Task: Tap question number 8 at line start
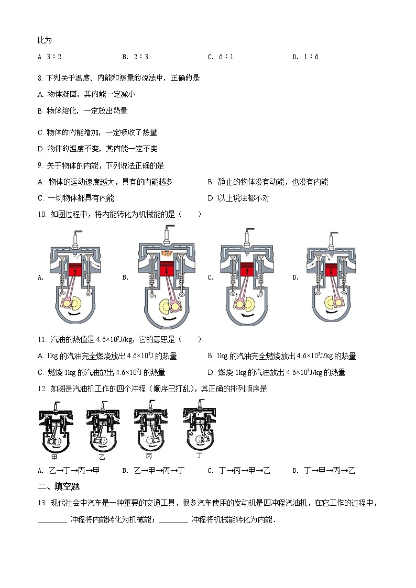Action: (x=40, y=78)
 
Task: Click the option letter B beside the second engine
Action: (x=125, y=278)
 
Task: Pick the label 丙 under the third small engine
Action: (x=149, y=456)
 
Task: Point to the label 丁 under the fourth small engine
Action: (x=199, y=456)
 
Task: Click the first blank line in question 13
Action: (x=52, y=520)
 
